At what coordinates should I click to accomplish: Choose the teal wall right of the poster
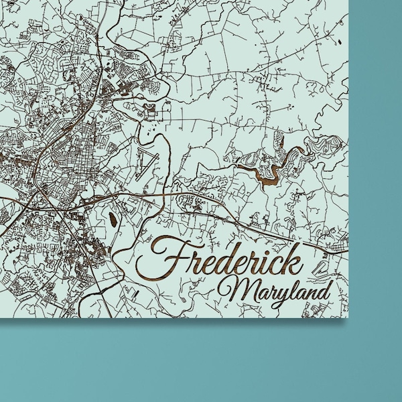pos(375,167)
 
